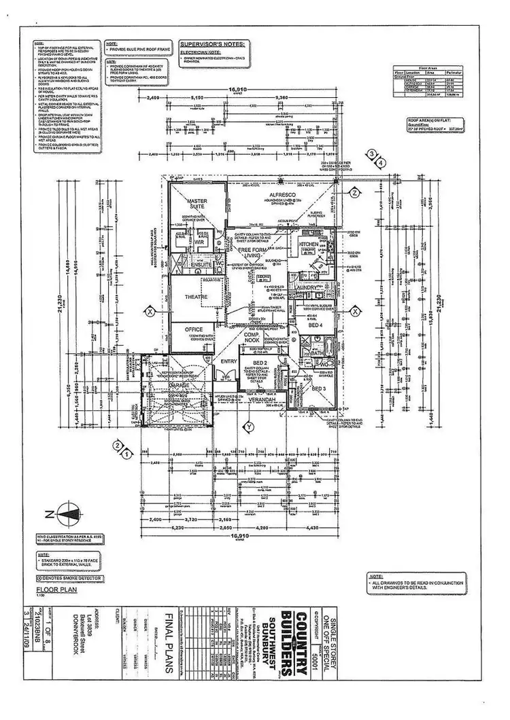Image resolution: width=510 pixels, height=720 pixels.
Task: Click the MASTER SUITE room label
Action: [x=197, y=204]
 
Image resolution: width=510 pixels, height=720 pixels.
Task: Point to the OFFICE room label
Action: [x=194, y=329]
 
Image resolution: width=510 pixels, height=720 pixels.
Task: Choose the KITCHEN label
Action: [x=308, y=243]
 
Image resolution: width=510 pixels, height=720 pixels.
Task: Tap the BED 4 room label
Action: [x=315, y=325]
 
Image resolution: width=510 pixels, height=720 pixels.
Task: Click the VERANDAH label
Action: [x=262, y=401]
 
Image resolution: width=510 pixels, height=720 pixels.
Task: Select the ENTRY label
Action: [x=227, y=361]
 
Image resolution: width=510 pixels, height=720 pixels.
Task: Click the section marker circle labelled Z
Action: [x=355, y=193]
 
